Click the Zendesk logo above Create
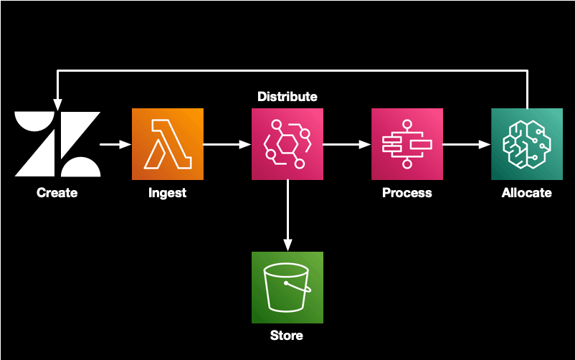click(x=57, y=144)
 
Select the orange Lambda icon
click(x=167, y=144)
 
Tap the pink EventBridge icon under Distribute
click(x=287, y=144)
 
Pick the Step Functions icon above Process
click(x=407, y=144)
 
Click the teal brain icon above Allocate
click(x=526, y=144)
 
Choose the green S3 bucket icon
click(x=287, y=287)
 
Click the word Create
click(x=57, y=192)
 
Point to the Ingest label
click(x=167, y=192)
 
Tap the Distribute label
click(x=287, y=96)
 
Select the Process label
click(x=407, y=192)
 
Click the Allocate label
click(x=526, y=192)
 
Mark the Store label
click(x=287, y=335)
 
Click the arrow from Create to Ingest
click(x=115, y=144)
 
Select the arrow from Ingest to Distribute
click(x=227, y=144)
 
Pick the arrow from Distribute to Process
click(x=346, y=144)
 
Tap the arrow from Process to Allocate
click(x=466, y=144)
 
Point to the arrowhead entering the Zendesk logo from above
click(x=57, y=102)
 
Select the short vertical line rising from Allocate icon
click(x=527, y=89)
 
